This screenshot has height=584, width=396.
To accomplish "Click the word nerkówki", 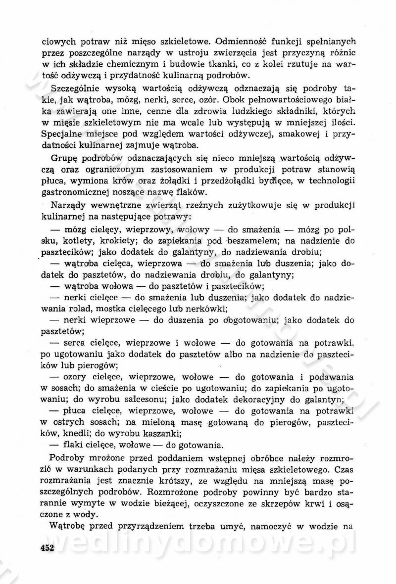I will click(206, 309).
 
